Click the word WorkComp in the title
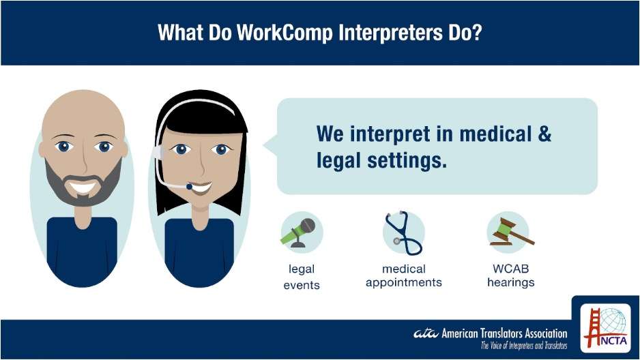click(285, 32)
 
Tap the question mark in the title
click(477, 32)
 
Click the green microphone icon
click(298, 232)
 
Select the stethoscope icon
click(403, 232)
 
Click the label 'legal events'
click(302, 277)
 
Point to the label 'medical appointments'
click(404, 276)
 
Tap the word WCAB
click(510, 269)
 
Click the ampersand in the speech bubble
click(544, 134)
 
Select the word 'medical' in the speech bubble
click(495, 134)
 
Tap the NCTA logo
click(606, 328)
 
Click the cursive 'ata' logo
click(426, 333)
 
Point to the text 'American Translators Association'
click(504, 333)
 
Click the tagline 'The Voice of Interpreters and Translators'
click(524, 346)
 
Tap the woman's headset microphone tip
click(190, 187)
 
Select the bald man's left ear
click(42, 149)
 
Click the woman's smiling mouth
click(200, 188)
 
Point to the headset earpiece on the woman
click(158, 153)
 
